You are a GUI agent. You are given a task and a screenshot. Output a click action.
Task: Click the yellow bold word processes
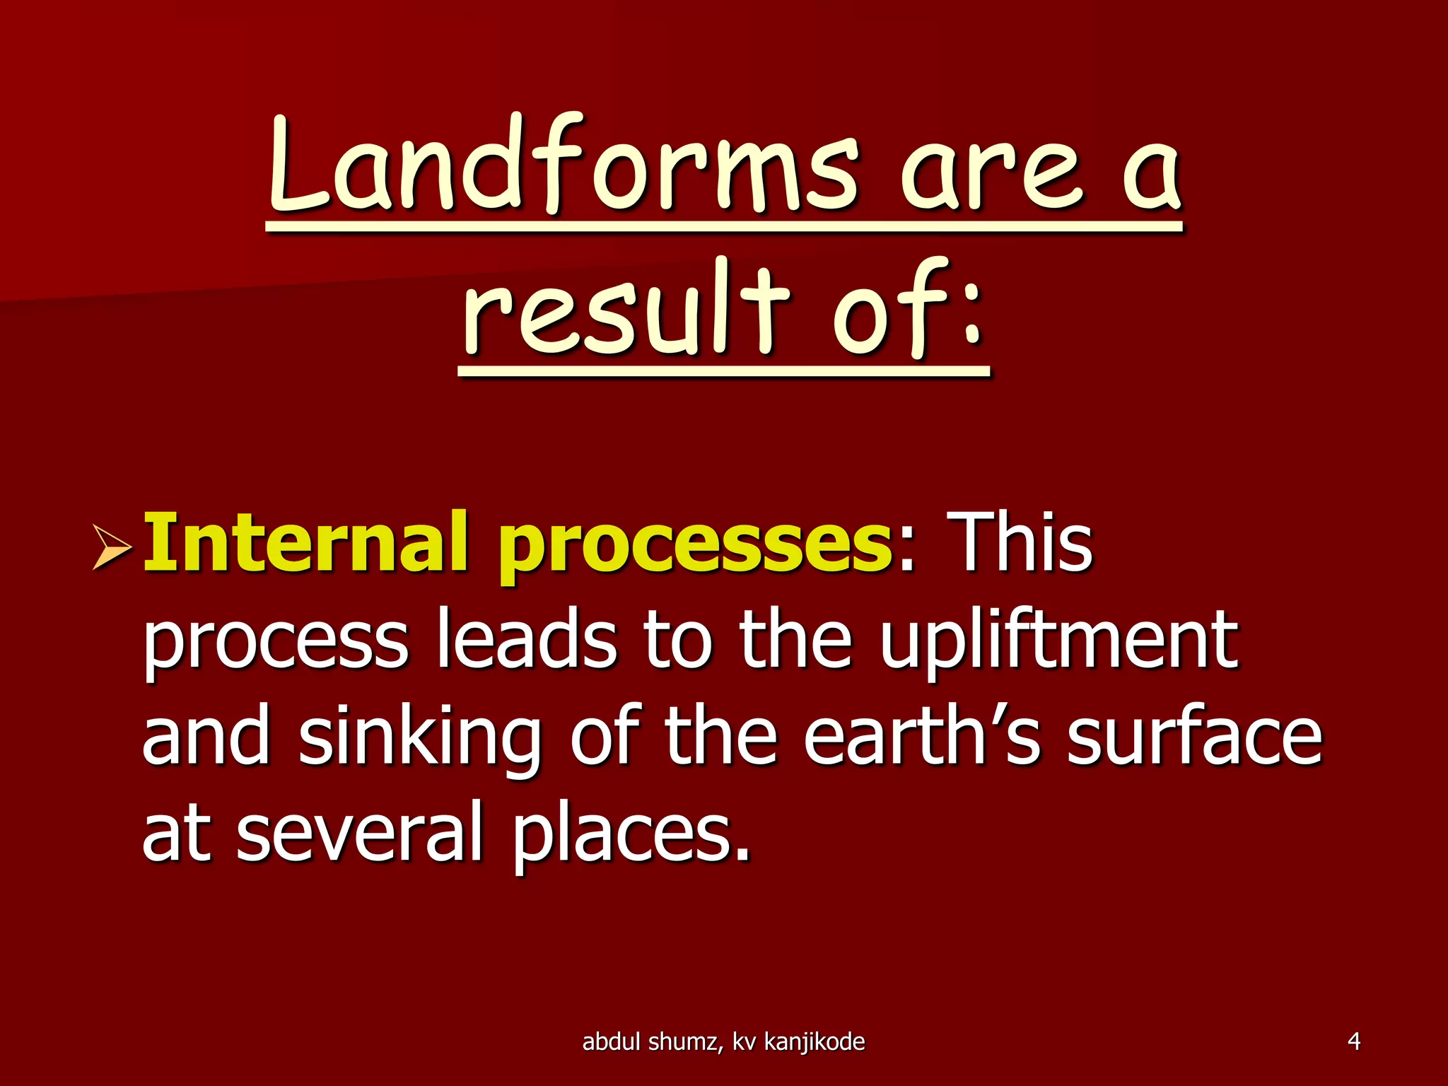click(x=696, y=548)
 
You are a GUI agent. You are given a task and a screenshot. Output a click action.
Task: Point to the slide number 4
click(x=1354, y=1041)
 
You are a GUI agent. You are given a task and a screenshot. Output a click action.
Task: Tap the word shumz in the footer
click(x=688, y=1041)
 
